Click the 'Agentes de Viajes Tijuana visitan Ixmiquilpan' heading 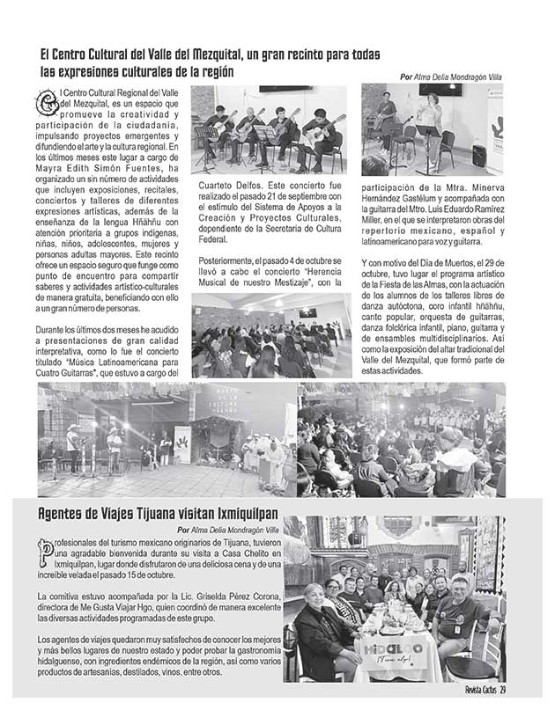(145, 514)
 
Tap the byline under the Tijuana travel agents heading (227, 530)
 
